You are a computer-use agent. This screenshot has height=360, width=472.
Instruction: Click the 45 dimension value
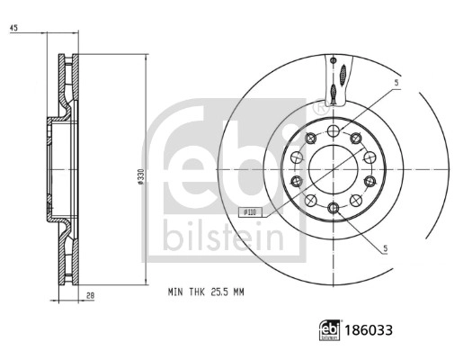coord(13,28)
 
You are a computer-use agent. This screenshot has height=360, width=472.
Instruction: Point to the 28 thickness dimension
coord(90,295)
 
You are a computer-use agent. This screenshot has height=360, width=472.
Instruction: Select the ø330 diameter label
coord(140,176)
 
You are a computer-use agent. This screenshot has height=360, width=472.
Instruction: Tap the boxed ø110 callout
coord(250,212)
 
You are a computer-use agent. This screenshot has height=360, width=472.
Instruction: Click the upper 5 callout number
coord(396,83)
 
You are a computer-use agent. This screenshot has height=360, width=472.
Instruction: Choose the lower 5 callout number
coord(386,248)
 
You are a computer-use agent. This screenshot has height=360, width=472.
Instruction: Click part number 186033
coord(369,330)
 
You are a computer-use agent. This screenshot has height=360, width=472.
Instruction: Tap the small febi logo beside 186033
coord(329,330)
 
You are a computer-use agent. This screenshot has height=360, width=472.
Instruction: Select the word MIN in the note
coord(175,292)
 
